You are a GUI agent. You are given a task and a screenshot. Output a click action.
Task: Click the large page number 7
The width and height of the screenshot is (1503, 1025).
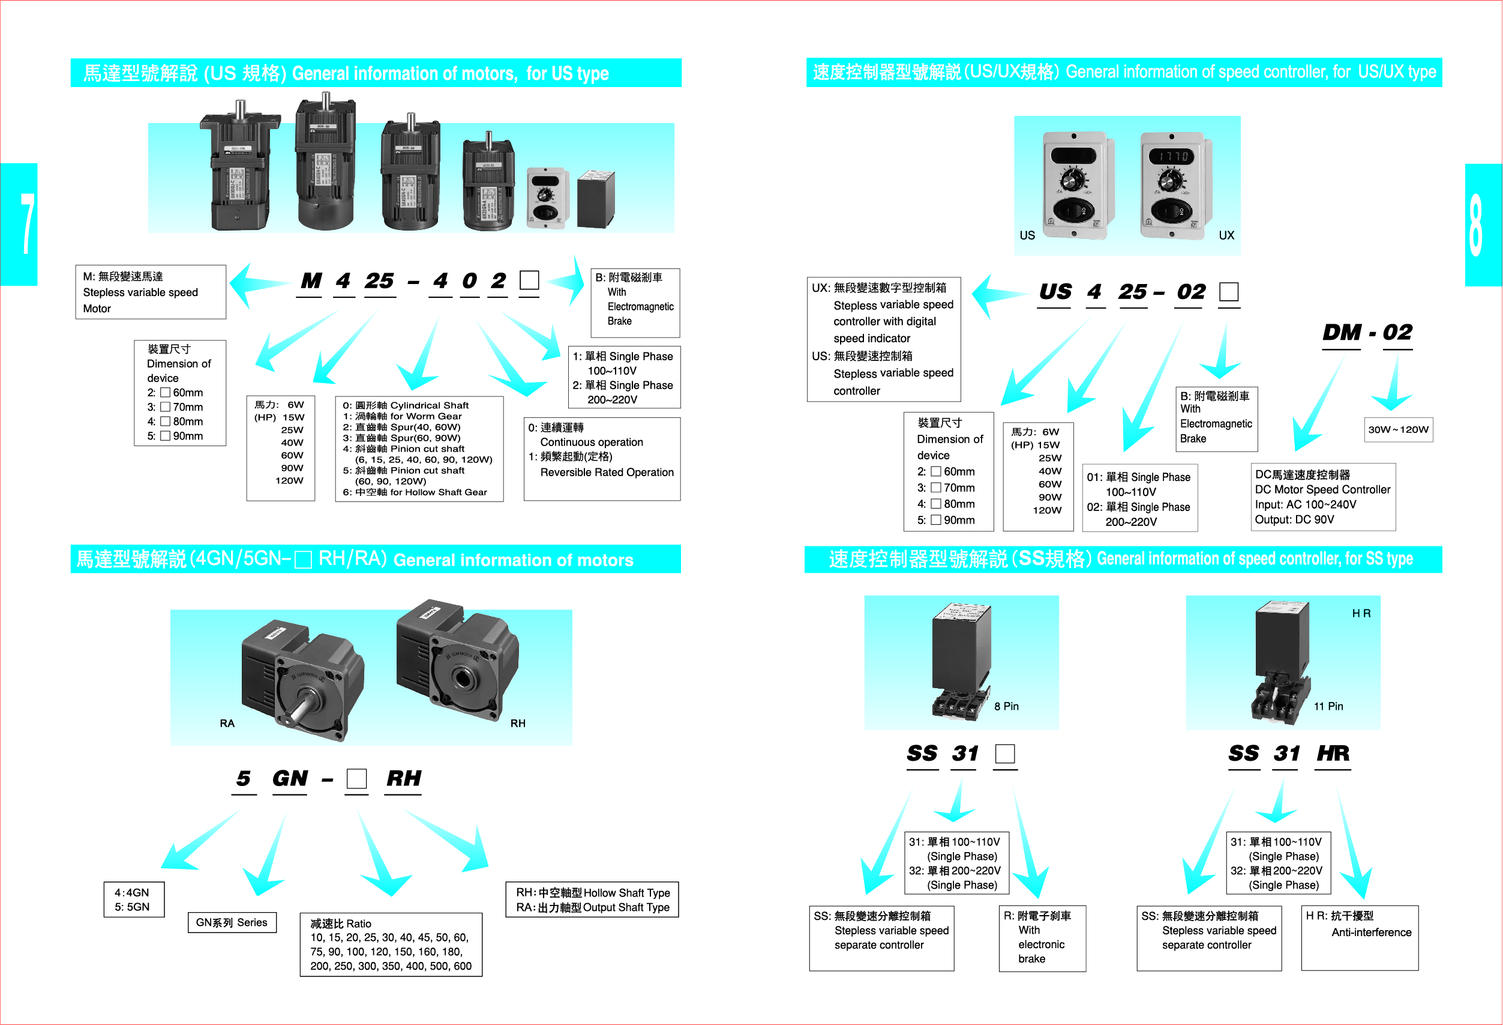tap(26, 223)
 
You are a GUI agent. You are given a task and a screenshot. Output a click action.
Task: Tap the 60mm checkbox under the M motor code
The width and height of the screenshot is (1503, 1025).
tap(165, 392)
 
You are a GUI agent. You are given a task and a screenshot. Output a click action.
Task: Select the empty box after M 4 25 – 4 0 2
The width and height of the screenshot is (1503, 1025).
tap(529, 280)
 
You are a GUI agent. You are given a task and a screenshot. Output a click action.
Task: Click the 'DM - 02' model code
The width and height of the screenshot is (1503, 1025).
tap(1367, 333)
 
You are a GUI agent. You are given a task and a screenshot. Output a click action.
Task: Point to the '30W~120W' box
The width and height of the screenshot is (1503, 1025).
tap(1397, 430)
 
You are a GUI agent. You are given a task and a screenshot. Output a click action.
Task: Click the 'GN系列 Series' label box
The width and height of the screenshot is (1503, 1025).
tap(232, 922)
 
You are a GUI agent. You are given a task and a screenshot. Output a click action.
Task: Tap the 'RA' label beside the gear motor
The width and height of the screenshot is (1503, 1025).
tap(227, 723)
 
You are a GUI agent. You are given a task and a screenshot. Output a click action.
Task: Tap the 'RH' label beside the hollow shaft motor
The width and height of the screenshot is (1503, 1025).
tap(517, 723)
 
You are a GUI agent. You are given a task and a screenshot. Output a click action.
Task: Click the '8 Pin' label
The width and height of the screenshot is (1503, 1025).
tap(1006, 706)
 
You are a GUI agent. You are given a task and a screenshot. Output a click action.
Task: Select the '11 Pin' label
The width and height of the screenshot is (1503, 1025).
tap(1328, 706)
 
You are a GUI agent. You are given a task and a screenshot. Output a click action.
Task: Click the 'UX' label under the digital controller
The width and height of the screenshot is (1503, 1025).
tap(1226, 235)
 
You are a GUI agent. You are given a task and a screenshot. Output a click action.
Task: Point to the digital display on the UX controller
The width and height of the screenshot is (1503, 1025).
tap(1171, 157)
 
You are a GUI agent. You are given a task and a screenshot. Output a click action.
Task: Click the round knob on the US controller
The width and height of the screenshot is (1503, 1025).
tap(1073, 181)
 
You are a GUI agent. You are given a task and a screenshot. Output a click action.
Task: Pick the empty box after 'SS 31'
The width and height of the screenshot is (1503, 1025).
tap(1004, 753)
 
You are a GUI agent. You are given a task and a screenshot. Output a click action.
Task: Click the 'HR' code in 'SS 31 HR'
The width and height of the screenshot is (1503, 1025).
tap(1333, 753)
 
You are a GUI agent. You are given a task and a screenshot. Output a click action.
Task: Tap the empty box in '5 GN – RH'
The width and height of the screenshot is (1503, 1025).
tap(356, 778)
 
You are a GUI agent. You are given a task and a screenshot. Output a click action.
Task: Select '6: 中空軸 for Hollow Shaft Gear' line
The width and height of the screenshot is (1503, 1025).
tap(415, 492)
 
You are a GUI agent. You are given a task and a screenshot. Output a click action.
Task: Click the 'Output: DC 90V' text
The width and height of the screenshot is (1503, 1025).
tap(1294, 519)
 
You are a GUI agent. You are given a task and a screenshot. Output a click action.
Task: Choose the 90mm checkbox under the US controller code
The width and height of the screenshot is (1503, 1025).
tap(935, 519)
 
